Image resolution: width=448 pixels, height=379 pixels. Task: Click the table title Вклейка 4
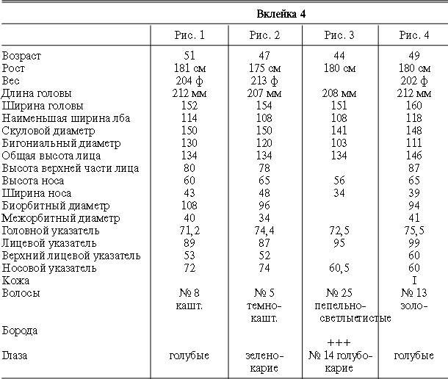[281, 14]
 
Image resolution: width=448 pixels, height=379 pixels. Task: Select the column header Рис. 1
[189, 35]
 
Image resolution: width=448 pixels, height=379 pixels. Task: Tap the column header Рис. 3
[339, 35]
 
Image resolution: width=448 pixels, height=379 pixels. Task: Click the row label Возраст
[21, 56]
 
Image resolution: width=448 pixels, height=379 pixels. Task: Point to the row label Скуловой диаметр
[48, 131]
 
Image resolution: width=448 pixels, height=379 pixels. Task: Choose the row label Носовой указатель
[49, 268]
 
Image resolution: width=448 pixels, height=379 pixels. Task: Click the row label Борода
[20, 331]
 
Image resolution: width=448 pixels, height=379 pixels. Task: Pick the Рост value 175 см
[264, 68]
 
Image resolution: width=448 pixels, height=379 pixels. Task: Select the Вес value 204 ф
[189, 81]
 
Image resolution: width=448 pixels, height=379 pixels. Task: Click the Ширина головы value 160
[414, 106]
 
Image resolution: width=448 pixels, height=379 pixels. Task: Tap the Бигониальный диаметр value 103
[339, 143]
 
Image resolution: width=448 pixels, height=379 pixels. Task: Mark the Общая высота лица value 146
[414, 156]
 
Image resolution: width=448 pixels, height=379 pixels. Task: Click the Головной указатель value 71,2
[189, 231]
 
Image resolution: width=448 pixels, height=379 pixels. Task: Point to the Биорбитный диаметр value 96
[264, 206]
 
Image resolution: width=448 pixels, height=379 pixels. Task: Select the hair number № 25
[339, 293]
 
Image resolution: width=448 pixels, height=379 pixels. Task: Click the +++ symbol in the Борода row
[339, 342]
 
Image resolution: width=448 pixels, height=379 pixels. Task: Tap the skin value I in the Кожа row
[414, 281]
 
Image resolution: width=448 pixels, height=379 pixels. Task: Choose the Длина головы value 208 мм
[339, 93]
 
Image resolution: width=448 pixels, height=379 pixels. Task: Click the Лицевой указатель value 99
[414, 243]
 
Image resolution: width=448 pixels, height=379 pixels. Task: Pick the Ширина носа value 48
[264, 193]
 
